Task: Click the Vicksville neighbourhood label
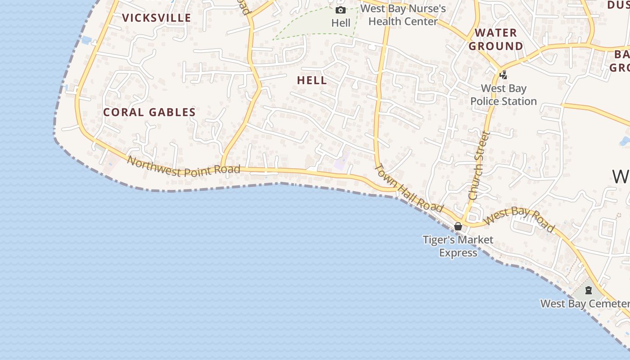pyautogui.click(x=157, y=18)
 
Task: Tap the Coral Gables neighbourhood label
pyautogui.click(x=149, y=112)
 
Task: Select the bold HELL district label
pyautogui.click(x=312, y=81)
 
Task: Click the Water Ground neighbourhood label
pyautogui.click(x=496, y=40)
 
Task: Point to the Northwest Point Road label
pyautogui.click(x=183, y=166)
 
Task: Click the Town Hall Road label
pyautogui.click(x=409, y=188)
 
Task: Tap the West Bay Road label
pyautogui.click(x=520, y=220)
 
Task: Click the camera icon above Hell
pyautogui.click(x=341, y=10)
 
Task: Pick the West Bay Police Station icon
pyautogui.click(x=504, y=75)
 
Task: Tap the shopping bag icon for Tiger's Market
pyautogui.click(x=458, y=226)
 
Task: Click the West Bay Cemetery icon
pyautogui.click(x=588, y=290)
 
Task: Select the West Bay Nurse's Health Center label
pyautogui.click(x=403, y=15)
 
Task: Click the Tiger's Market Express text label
pyautogui.click(x=458, y=246)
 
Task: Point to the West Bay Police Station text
pyautogui.click(x=504, y=95)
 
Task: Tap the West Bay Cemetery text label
pyautogui.click(x=584, y=303)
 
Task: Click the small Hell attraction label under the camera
pyautogui.click(x=341, y=22)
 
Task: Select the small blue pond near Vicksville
pyautogui.click(x=86, y=40)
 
